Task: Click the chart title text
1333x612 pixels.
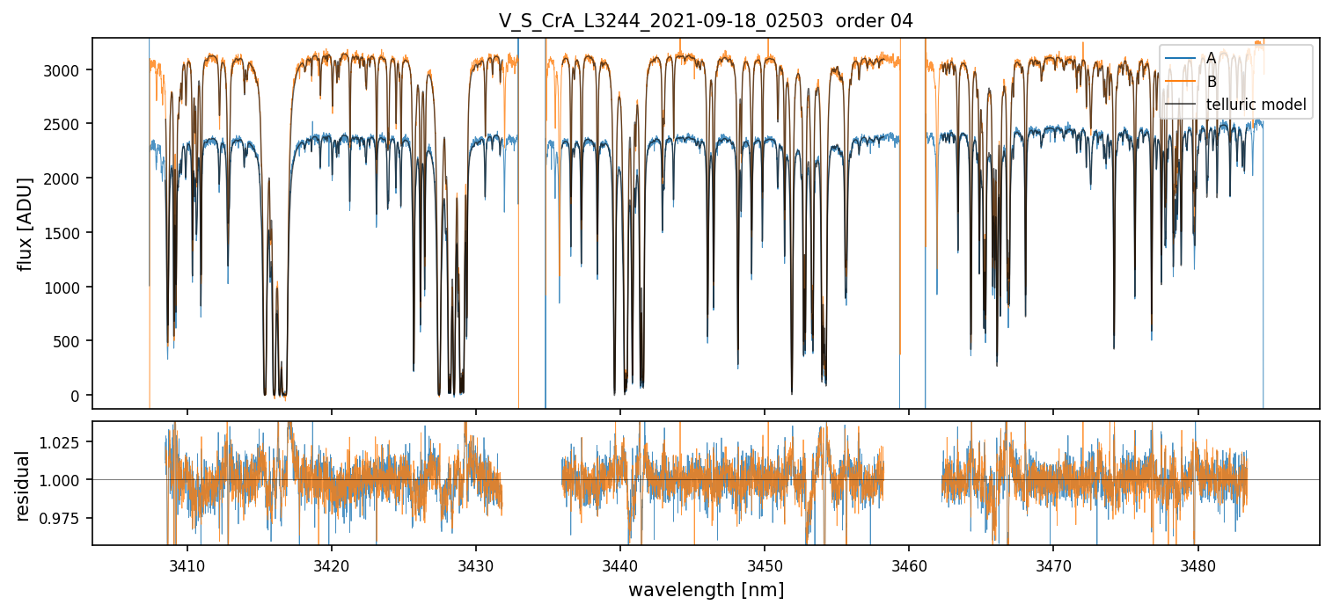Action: click(x=706, y=21)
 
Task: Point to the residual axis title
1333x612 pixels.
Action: click(x=25, y=485)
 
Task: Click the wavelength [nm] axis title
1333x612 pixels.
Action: click(x=706, y=590)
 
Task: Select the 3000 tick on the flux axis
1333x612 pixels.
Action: click(x=68, y=70)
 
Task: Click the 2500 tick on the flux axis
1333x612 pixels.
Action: click(x=68, y=124)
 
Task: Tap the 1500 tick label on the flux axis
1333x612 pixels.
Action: click(x=68, y=233)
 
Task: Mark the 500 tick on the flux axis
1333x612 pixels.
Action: click(x=71, y=341)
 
